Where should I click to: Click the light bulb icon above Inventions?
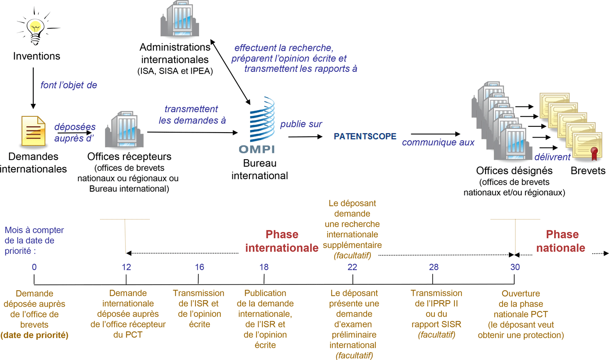(36, 29)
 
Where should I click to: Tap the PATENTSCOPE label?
(365, 136)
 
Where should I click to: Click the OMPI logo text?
(256, 149)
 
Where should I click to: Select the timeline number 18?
(264, 267)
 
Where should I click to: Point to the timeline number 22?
(352, 267)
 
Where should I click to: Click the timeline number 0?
(34, 267)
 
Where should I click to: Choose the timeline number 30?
(515, 267)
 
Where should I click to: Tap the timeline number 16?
(200, 267)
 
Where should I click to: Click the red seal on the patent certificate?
(594, 153)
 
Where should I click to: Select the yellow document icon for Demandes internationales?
(33, 131)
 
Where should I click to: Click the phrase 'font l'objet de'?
(69, 85)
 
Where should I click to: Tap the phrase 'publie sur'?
(301, 124)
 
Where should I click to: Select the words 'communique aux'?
(438, 143)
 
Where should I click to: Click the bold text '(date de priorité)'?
(35, 335)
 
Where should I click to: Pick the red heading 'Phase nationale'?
(561, 241)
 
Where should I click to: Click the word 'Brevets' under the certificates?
(588, 171)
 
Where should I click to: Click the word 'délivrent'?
(552, 157)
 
